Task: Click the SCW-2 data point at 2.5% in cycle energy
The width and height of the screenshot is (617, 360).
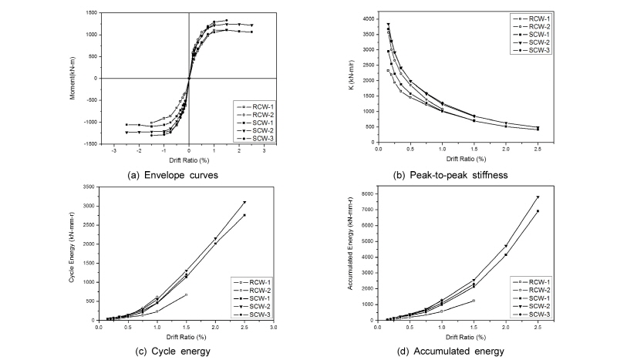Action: point(244,202)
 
